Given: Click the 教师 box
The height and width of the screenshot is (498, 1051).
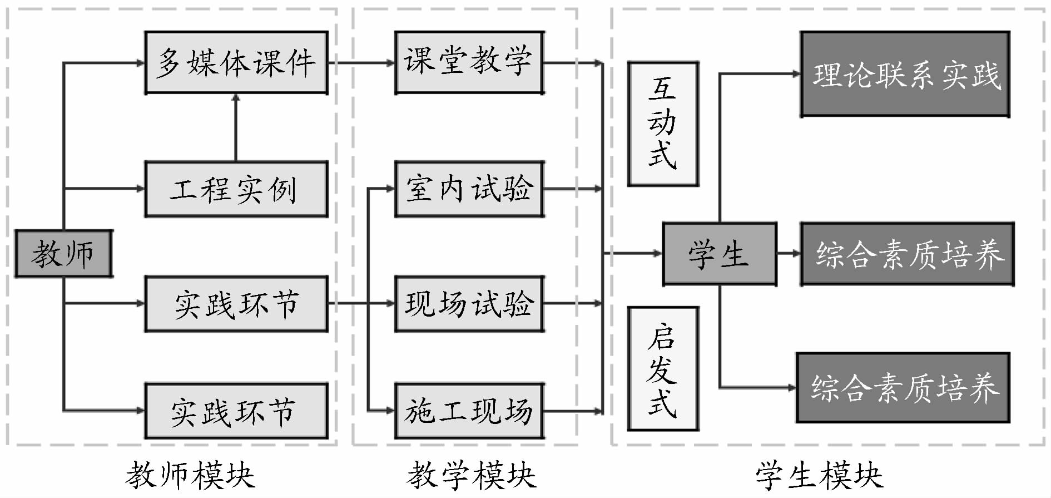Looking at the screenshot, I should pos(63,254).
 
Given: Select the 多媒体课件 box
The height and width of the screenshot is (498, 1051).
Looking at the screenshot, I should pos(236,62).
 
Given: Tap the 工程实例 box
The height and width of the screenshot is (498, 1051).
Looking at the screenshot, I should pos(236,189).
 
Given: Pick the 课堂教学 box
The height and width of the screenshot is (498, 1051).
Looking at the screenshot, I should pos(469,62).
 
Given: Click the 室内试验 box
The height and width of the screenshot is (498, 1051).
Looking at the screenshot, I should pos(469,189).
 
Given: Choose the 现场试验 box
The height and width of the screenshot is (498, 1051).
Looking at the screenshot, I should pos(469,304).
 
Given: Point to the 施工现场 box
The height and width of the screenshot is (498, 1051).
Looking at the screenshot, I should pos(469,411).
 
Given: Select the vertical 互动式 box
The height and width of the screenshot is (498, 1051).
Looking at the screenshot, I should pos(663,124).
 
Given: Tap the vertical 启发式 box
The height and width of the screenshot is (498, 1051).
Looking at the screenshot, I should pos(663,369).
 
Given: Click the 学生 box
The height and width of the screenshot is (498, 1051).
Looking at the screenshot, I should pos(719,254).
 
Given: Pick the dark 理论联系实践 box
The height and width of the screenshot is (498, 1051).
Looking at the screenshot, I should pos(905,74).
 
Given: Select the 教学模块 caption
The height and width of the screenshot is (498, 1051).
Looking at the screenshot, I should pos(472,476).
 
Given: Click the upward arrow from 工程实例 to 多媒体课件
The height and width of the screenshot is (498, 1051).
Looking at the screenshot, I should pos(236,128).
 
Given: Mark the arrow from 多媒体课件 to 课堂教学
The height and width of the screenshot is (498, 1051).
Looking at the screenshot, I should pos(361,63).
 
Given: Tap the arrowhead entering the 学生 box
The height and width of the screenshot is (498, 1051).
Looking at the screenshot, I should pos(657,254).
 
